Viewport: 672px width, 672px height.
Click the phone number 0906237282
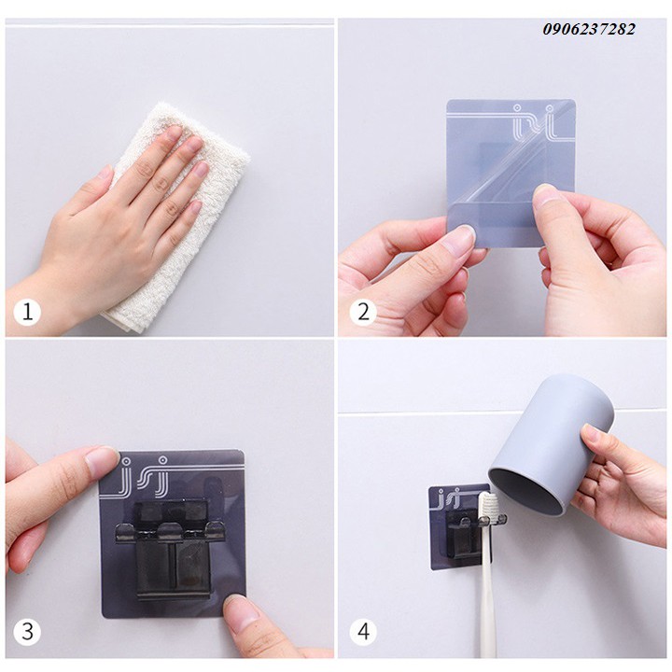point(589,29)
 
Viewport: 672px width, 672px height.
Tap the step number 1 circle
point(27,312)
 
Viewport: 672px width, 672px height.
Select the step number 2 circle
point(363,312)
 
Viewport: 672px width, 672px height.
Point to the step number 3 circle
point(27,631)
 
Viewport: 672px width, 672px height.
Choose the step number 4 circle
point(363,631)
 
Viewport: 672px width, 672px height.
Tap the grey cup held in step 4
point(553,446)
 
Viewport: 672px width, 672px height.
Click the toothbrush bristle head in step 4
point(484,509)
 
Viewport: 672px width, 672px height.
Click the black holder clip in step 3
point(172,549)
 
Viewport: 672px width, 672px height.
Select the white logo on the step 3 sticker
point(145,476)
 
